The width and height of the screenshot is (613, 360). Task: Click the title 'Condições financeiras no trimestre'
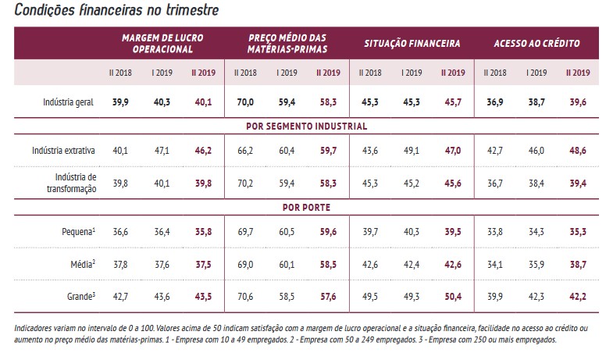tap(116, 11)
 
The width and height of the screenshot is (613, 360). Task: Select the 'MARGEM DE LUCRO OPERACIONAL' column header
tap(162, 43)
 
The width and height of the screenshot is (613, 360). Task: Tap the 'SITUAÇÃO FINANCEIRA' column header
tap(412, 43)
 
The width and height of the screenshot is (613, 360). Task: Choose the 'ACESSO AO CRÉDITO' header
tap(536, 43)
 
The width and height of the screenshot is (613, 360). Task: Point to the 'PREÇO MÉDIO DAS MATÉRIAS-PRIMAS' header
tap(287, 43)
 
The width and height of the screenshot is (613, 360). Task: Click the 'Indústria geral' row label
tap(69, 102)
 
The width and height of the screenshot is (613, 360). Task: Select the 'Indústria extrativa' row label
tap(64, 149)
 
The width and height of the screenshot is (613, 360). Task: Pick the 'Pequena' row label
tap(78, 232)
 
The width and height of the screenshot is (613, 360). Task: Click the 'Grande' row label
tap(81, 298)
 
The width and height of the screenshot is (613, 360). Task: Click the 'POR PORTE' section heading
tap(307, 208)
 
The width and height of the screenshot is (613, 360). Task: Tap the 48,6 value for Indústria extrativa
tap(579, 149)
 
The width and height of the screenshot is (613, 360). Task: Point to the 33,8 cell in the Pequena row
tap(494, 232)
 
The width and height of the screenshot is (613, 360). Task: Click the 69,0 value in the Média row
tap(244, 265)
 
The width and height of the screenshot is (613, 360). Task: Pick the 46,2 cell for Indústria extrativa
tap(203, 149)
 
